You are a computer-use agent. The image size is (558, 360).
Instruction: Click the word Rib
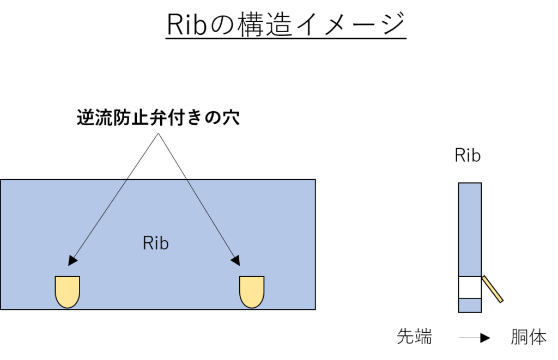pyautogui.click(x=156, y=243)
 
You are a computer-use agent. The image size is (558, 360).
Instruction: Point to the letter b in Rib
pyautogui.click(x=164, y=243)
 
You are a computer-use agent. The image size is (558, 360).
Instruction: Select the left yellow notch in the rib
pyautogui.click(x=68, y=291)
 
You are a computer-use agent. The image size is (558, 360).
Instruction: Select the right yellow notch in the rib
pyautogui.click(x=252, y=291)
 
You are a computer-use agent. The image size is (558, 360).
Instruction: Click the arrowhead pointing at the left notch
pyautogui.click(x=72, y=261)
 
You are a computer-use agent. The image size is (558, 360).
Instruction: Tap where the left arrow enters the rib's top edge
pyautogui.click(x=126, y=180)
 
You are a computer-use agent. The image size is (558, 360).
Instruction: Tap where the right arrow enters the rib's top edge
pyautogui.click(x=187, y=180)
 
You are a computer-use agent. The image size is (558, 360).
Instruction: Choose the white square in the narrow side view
pyautogui.click(x=470, y=288)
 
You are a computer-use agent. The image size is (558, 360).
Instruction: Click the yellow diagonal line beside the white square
pyautogui.click(x=492, y=289)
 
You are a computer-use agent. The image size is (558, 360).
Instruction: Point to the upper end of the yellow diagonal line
pyautogui.click(x=484, y=278)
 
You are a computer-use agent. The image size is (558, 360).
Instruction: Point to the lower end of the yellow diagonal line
pyautogui.click(x=500, y=300)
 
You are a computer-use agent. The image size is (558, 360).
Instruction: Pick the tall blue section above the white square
pyautogui.click(x=470, y=229)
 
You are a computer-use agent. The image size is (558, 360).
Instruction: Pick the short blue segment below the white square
pyautogui.click(x=470, y=305)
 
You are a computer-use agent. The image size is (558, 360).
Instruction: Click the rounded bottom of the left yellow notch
pyautogui.click(x=68, y=305)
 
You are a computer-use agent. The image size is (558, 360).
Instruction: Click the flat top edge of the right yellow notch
pyautogui.click(x=252, y=277)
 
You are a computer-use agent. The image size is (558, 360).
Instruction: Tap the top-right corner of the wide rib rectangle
pyautogui.click(x=314, y=180)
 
